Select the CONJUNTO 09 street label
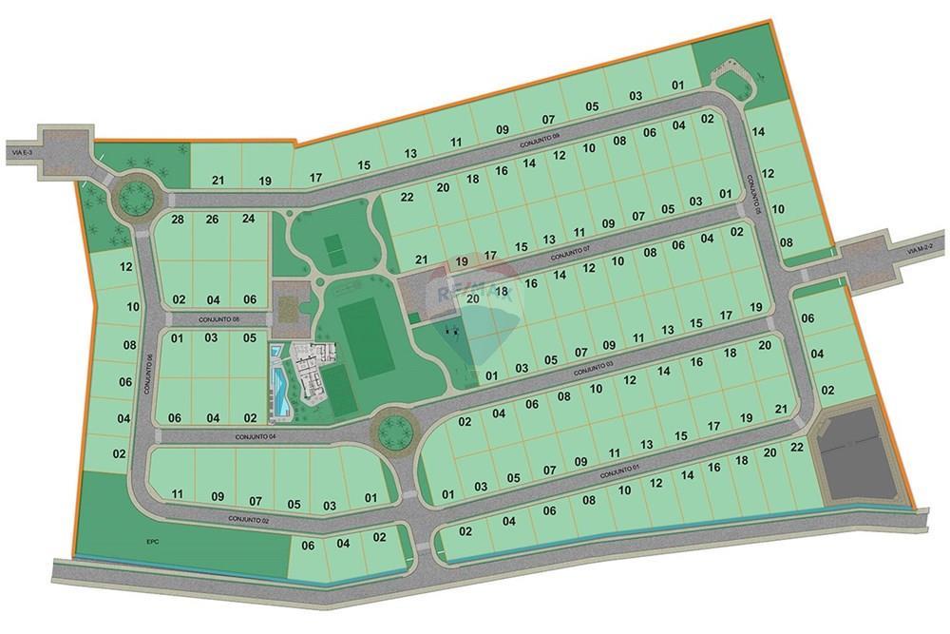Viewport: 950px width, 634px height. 541,139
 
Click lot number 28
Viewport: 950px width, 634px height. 177,220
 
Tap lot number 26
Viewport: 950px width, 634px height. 212,220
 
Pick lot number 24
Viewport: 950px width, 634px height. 248,220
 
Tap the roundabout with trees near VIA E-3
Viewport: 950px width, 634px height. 133,200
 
